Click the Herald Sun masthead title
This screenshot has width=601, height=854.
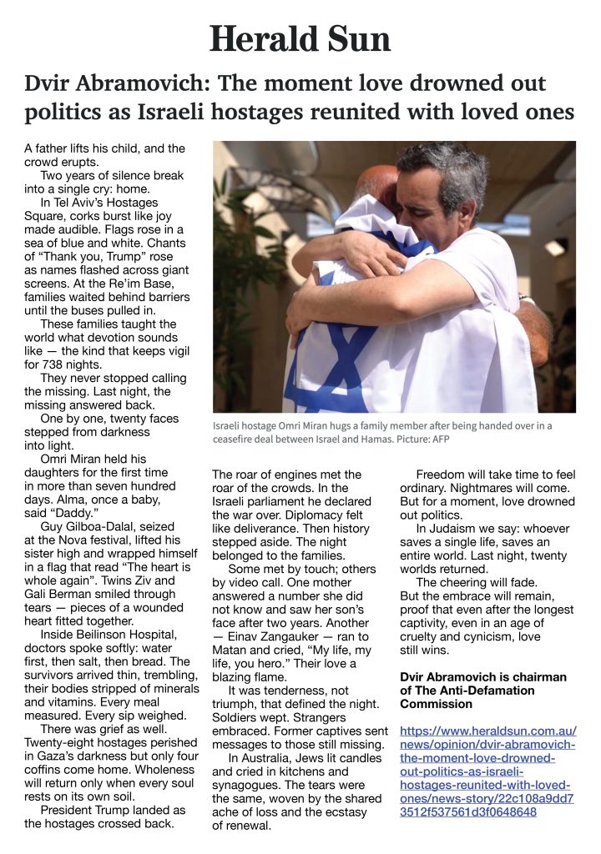pyautogui.click(x=300, y=39)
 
